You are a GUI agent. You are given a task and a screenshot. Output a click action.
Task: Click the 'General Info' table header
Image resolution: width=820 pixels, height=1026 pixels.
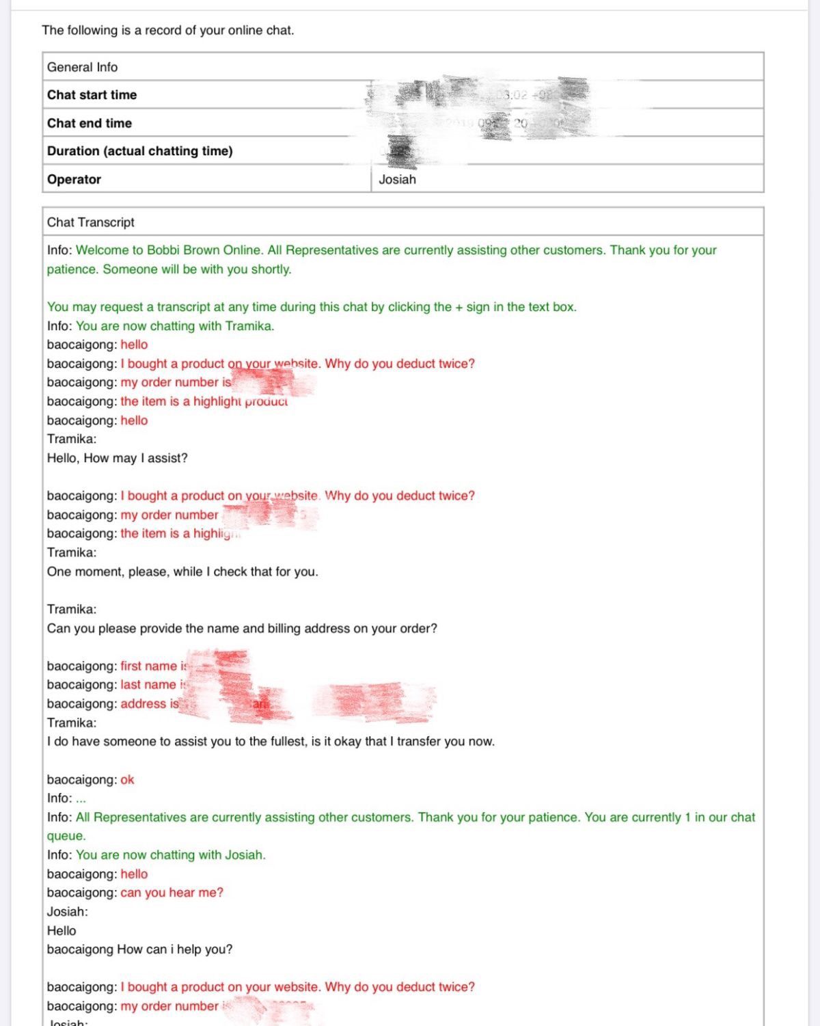click(82, 67)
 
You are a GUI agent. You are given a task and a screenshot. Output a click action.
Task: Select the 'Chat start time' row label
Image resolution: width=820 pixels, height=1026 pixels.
click(92, 95)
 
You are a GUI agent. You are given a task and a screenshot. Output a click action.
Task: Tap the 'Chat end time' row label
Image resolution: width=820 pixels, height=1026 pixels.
click(89, 123)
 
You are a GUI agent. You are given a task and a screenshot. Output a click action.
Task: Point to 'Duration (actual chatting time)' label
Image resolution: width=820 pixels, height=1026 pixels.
click(139, 151)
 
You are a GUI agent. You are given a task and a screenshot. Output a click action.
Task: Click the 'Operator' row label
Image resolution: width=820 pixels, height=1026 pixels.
click(74, 179)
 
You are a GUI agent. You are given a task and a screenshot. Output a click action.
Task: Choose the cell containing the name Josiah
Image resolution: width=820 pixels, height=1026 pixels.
click(397, 179)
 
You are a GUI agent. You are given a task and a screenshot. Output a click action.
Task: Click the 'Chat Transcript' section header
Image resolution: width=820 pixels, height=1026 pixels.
click(90, 222)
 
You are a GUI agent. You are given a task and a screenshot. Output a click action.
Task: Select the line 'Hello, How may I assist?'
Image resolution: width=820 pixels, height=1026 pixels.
click(117, 458)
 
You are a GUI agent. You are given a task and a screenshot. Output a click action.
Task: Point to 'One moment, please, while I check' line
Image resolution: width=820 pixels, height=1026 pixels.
click(182, 571)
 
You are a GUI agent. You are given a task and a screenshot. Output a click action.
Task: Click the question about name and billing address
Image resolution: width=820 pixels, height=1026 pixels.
click(242, 628)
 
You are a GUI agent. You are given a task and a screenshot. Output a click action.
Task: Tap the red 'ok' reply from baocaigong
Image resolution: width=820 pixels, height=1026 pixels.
click(127, 779)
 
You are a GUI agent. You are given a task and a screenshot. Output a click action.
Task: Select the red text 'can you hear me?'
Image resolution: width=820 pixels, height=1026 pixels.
click(172, 893)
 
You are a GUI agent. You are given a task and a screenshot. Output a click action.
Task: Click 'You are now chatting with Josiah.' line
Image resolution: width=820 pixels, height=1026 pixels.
click(170, 854)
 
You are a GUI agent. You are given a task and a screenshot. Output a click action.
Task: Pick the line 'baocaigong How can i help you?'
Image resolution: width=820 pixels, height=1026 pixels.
click(139, 949)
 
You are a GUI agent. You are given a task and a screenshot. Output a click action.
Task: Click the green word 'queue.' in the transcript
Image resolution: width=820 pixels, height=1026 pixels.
click(66, 836)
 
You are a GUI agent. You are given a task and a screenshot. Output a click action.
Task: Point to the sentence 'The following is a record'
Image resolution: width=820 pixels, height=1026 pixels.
click(167, 30)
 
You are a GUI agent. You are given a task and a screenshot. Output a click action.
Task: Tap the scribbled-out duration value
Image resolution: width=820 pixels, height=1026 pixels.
click(401, 151)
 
